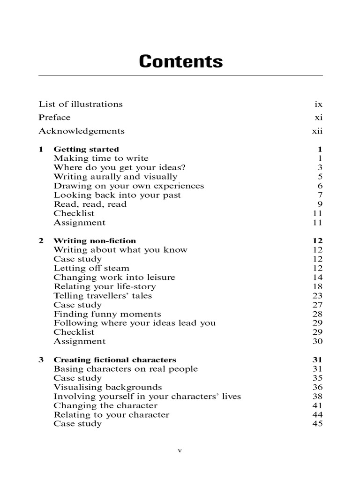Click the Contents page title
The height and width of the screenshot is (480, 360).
pyautogui.click(x=180, y=61)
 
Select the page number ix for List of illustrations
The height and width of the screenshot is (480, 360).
pyautogui.click(x=319, y=104)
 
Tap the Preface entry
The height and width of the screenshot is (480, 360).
pyautogui.click(x=54, y=117)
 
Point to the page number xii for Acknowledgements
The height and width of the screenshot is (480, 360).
pyautogui.click(x=317, y=131)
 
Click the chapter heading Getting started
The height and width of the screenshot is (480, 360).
pyautogui.click(x=86, y=150)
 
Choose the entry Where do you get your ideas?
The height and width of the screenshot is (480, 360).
pyautogui.click(x=120, y=167)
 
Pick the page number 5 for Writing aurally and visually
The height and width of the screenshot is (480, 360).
pyautogui.click(x=320, y=177)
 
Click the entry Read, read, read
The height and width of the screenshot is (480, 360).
pyautogui.click(x=90, y=204)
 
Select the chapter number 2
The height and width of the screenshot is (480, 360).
pyautogui.click(x=41, y=241)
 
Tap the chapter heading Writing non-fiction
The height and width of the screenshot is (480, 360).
pyautogui.click(x=95, y=241)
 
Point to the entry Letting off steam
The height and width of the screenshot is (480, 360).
pyautogui.click(x=91, y=268)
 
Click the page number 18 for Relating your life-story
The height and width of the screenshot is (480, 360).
pyautogui.click(x=317, y=286)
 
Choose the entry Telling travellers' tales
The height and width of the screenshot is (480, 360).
pyautogui.click(x=103, y=295)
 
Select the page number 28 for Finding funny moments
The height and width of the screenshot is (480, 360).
pyautogui.click(x=317, y=314)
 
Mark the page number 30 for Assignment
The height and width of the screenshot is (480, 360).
pyautogui.click(x=317, y=341)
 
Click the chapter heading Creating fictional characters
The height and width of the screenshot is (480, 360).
pyautogui.click(x=115, y=360)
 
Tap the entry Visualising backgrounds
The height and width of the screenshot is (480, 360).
pyautogui.click(x=108, y=387)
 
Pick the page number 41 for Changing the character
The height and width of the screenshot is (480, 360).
pyautogui.click(x=317, y=405)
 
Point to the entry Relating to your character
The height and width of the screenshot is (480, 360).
pyautogui.click(x=112, y=415)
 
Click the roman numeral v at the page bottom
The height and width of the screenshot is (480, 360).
pyautogui.click(x=180, y=450)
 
